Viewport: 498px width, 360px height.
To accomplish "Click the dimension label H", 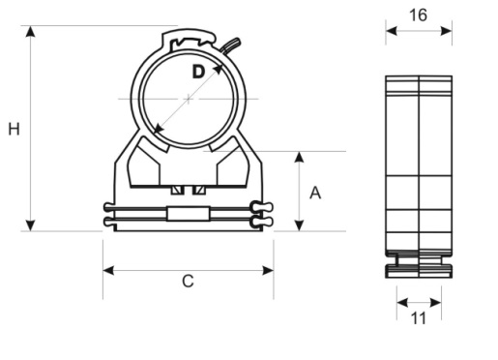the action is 14,129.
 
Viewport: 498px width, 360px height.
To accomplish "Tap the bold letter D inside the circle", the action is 198,72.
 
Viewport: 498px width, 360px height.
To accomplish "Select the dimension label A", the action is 315,193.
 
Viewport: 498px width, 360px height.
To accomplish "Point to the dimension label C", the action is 188,281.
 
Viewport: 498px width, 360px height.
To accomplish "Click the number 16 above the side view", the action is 418,15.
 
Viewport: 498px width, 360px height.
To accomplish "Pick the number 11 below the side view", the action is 419,318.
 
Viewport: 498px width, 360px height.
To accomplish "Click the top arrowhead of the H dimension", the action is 30,31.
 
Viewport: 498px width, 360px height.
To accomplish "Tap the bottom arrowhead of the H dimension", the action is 30,225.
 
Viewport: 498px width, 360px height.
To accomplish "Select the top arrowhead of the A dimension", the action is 300,157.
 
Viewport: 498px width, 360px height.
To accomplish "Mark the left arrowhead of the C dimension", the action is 108,270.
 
